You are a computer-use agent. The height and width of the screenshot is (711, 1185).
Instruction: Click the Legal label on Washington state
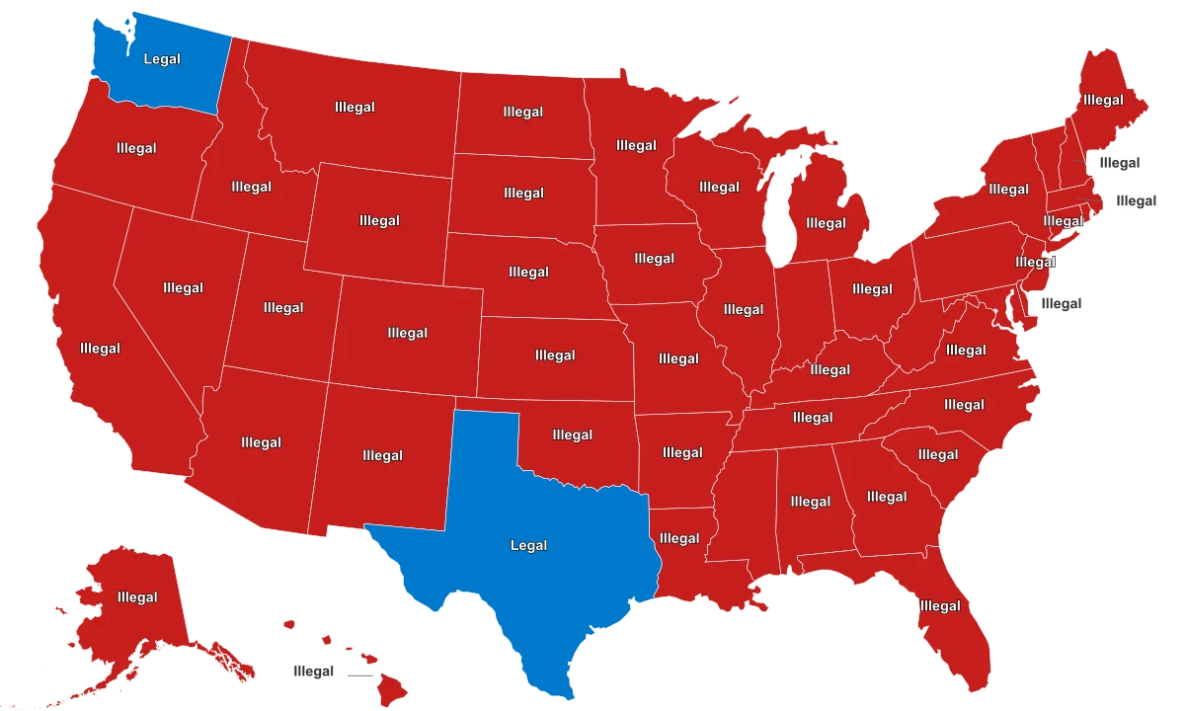click(x=162, y=59)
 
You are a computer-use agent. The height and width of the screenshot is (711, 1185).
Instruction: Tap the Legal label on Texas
click(x=528, y=545)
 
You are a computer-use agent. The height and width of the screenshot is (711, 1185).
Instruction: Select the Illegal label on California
click(x=100, y=349)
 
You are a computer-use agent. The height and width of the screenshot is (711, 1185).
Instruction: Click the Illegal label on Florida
click(x=939, y=606)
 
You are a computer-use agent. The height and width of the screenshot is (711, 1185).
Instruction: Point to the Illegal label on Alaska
click(x=137, y=597)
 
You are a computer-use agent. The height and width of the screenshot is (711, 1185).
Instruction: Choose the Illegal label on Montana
click(x=355, y=108)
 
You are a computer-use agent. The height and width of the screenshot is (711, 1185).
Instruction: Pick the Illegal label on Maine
click(x=1103, y=100)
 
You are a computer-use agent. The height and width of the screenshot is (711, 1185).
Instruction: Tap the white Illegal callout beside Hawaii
click(x=313, y=672)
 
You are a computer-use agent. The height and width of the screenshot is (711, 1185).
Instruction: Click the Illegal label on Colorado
click(x=408, y=334)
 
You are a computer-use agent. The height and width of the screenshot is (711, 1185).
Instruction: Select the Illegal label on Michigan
click(x=826, y=223)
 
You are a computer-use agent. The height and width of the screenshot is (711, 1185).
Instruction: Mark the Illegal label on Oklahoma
click(x=573, y=434)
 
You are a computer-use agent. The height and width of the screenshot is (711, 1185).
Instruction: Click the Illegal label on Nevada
click(x=183, y=288)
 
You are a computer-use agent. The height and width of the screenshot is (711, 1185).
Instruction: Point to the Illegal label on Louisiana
click(x=679, y=538)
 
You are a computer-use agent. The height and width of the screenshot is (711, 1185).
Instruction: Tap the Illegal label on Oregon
click(x=136, y=149)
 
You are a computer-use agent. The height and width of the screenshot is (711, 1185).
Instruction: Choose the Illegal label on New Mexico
click(x=382, y=456)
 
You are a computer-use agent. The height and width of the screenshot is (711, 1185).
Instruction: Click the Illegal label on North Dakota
click(x=522, y=113)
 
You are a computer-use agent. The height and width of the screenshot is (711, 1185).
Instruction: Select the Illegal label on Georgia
click(x=887, y=497)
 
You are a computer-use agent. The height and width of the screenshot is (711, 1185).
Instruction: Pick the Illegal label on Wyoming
click(x=380, y=221)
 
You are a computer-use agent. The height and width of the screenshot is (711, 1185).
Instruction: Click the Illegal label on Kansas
click(x=555, y=355)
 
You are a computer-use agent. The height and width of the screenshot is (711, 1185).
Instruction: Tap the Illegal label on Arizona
click(x=261, y=442)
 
